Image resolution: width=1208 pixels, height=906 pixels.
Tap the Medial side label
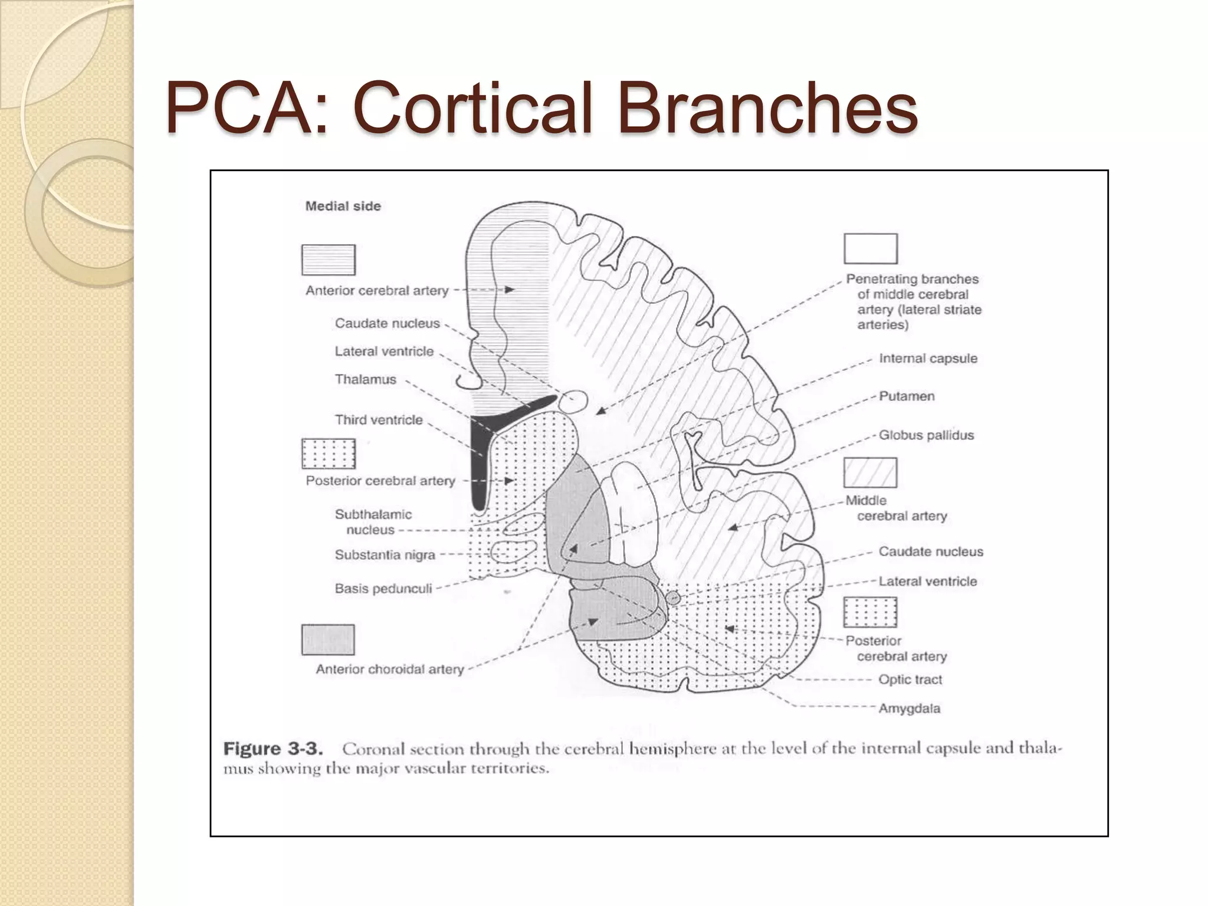(x=343, y=206)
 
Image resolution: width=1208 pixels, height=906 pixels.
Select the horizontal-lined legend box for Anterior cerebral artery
(x=329, y=260)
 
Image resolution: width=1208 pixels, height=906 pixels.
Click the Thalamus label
(x=365, y=379)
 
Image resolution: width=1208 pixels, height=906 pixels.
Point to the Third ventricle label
(x=379, y=420)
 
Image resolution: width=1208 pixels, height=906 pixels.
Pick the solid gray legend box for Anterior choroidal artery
(x=328, y=640)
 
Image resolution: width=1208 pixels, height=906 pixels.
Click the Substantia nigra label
(x=385, y=555)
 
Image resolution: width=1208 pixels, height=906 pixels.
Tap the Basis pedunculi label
(x=383, y=589)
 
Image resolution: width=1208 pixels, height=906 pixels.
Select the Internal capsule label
(x=928, y=359)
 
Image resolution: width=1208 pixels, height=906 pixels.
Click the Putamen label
(x=907, y=396)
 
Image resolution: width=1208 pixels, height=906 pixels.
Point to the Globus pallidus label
(x=926, y=435)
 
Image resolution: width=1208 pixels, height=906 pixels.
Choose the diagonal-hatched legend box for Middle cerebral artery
(x=870, y=473)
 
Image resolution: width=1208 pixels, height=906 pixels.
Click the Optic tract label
(x=910, y=679)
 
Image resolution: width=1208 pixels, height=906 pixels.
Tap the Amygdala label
(x=909, y=708)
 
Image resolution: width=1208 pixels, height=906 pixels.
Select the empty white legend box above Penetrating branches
(x=870, y=248)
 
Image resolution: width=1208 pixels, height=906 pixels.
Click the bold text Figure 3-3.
(x=273, y=749)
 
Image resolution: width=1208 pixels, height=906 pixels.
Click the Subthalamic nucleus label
(x=372, y=522)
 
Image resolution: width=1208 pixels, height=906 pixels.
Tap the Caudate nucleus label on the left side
(x=387, y=323)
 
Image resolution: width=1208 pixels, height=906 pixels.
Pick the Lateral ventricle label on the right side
(x=927, y=582)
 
